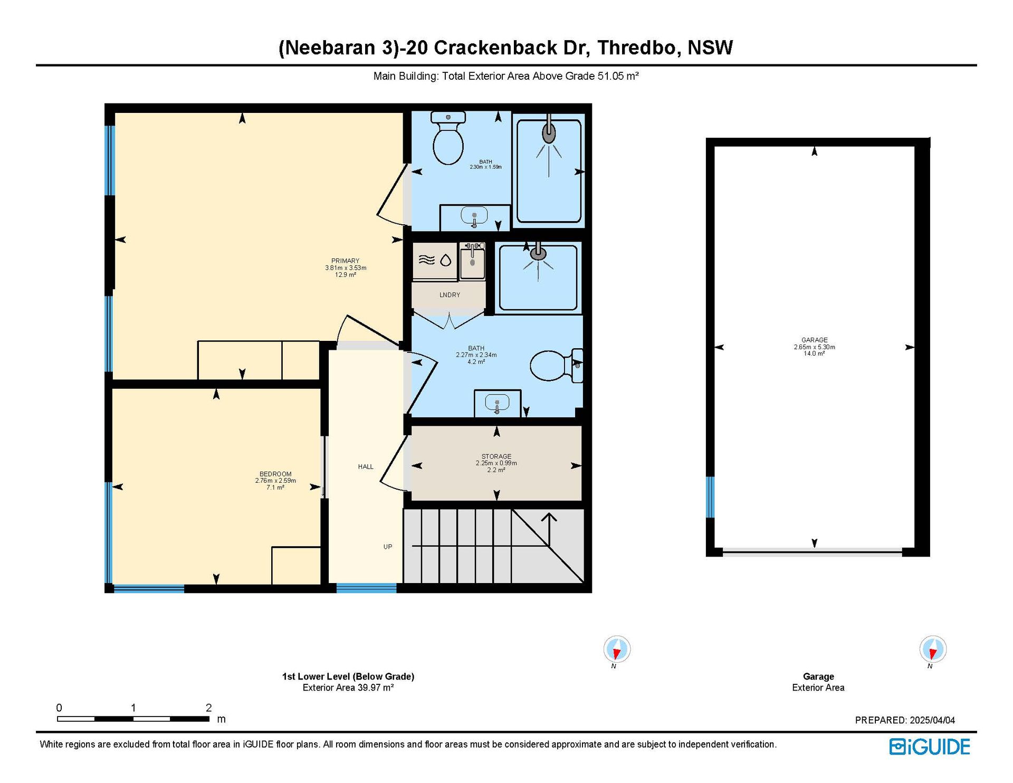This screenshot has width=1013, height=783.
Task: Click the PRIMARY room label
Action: point(346,261)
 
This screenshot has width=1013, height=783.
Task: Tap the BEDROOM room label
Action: point(275,474)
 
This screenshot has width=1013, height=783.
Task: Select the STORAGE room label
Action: point(496,456)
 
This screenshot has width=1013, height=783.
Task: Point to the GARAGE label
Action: point(815,340)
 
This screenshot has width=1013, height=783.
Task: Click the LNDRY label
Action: point(450,295)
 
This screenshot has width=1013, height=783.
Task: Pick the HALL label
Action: point(366,466)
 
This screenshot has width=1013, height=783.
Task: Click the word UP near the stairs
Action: point(388,547)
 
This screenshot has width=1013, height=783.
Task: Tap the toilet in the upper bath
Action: point(448,138)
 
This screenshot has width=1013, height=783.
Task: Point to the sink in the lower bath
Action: point(497,404)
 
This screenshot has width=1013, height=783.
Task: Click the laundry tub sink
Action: point(472,261)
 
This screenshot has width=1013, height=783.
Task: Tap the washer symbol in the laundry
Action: point(435,260)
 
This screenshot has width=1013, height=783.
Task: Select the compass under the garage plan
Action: point(933,648)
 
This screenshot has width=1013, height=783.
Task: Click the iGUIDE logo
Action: point(930,747)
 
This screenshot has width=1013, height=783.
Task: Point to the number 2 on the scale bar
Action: point(209,708)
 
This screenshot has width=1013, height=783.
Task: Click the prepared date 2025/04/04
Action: point(932,720)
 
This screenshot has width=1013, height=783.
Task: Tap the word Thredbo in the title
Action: point(636,47)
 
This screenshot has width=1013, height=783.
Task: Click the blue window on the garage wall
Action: point(710,497)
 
